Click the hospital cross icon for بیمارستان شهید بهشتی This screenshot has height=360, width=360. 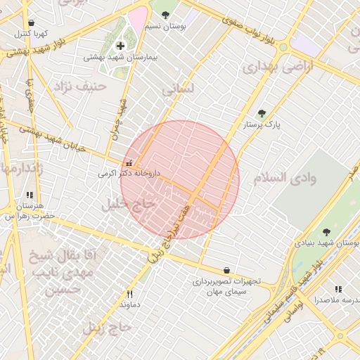(129, 46)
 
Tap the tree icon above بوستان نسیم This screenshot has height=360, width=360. (165, 15)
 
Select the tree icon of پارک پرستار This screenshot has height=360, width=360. (262, 112)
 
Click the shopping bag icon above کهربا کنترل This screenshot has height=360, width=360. (31, 22)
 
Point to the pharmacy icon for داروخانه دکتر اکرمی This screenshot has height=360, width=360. (127, 162)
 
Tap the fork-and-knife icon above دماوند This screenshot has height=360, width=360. (129, 294)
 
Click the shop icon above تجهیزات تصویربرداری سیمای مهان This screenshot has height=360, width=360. (226, 270)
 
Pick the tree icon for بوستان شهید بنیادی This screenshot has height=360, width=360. (326, 231)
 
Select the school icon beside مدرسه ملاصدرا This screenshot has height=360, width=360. (338, 289)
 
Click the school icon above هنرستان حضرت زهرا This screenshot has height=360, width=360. (29, 195)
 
